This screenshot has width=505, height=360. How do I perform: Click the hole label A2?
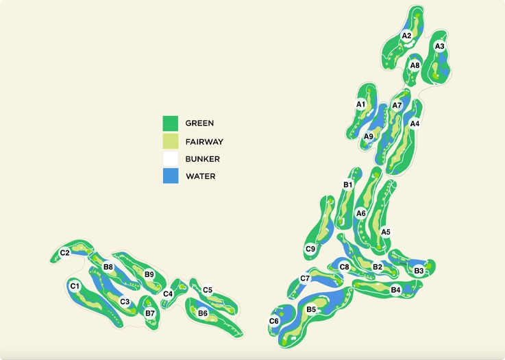[406, 36]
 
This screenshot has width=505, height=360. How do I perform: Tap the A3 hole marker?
[440, 47]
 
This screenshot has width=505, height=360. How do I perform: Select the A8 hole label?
[415, 66]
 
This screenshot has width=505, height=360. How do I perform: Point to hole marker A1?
[360, 104]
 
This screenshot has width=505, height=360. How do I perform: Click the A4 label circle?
[414, 123]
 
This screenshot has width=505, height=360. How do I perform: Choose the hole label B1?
[347, 184]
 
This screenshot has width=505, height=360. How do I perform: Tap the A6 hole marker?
[361, 213]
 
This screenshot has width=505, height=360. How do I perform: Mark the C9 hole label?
[310, 248]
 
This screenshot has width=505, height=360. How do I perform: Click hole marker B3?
[419, 271]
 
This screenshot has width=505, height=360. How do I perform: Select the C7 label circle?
[306, 278]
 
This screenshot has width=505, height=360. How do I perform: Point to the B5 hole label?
[311, 310]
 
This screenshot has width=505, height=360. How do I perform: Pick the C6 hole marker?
[274, 321]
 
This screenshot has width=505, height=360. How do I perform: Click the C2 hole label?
[64, 253]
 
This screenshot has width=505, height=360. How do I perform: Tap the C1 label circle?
[75, 286]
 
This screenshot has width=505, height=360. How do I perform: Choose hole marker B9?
[149, 275]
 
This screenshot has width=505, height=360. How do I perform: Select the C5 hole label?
[208, 290]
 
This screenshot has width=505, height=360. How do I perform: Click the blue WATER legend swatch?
[171, 176]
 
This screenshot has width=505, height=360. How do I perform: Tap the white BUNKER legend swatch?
[171, 158]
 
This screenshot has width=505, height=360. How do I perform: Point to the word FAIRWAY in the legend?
[204, 141]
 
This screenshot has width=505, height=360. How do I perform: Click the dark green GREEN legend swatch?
[171, 123]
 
